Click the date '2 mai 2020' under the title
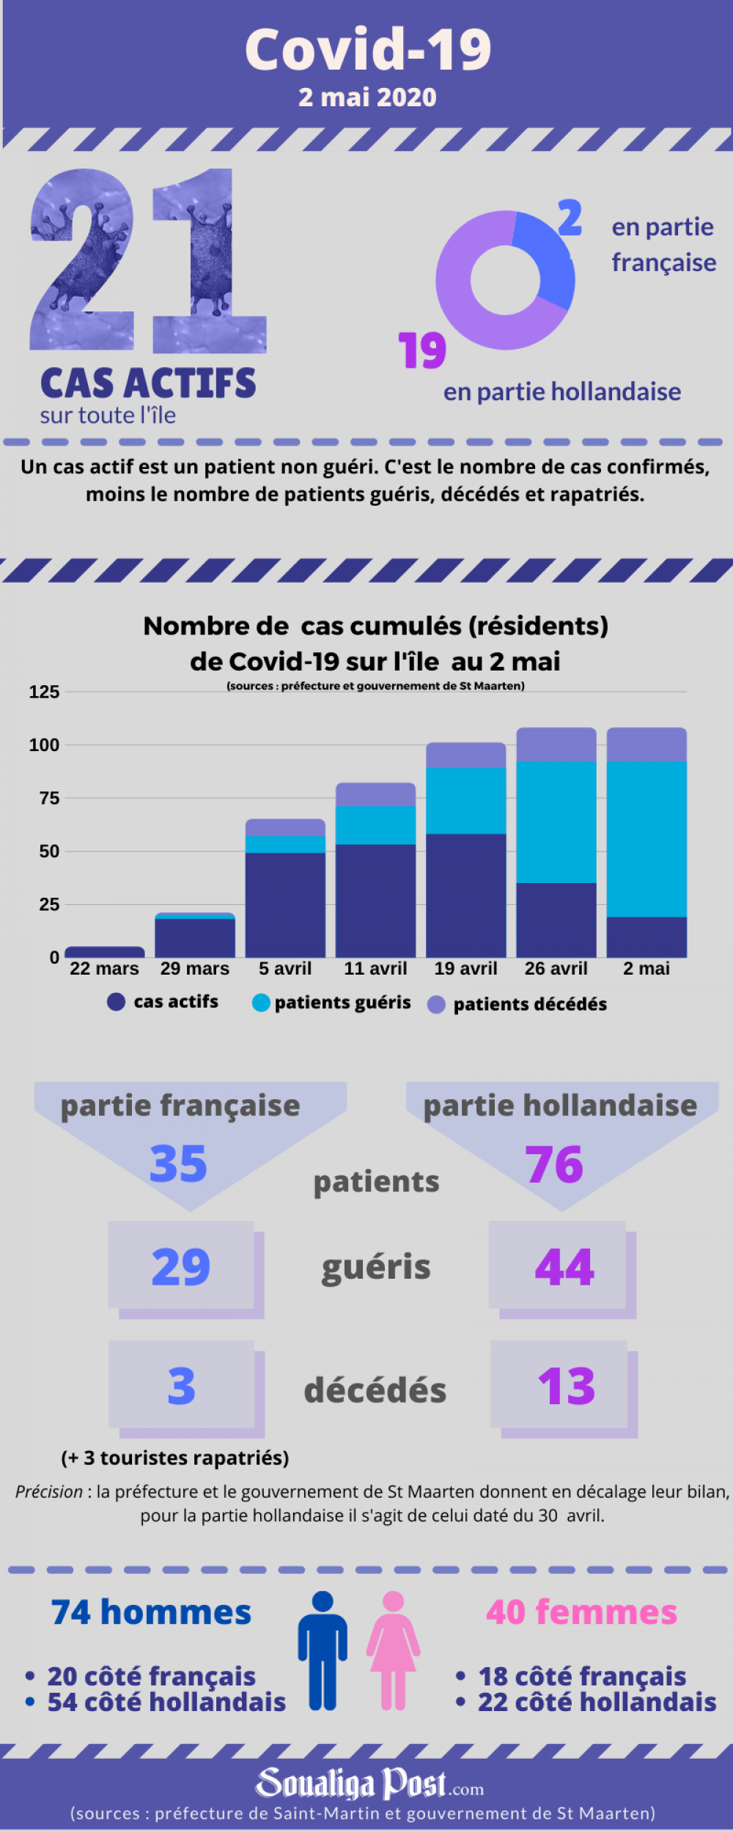pos(367,97)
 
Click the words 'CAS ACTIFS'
pos(148,383)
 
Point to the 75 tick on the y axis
pos(49,798)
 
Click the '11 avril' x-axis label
pos(375,969)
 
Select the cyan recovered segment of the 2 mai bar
pos(647,839)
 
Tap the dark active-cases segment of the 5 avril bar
pos(285,905)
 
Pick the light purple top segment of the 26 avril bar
pos(556,745)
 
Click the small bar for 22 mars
pos(105,952)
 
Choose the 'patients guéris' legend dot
pos(261,1002)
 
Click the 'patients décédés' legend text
pos(530,1005)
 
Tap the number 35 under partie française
pos(178,1164)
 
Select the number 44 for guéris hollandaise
pos(564,1267)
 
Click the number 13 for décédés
pos(567,1386)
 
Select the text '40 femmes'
pos(581,1612)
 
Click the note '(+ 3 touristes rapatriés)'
pos(175,1458)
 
